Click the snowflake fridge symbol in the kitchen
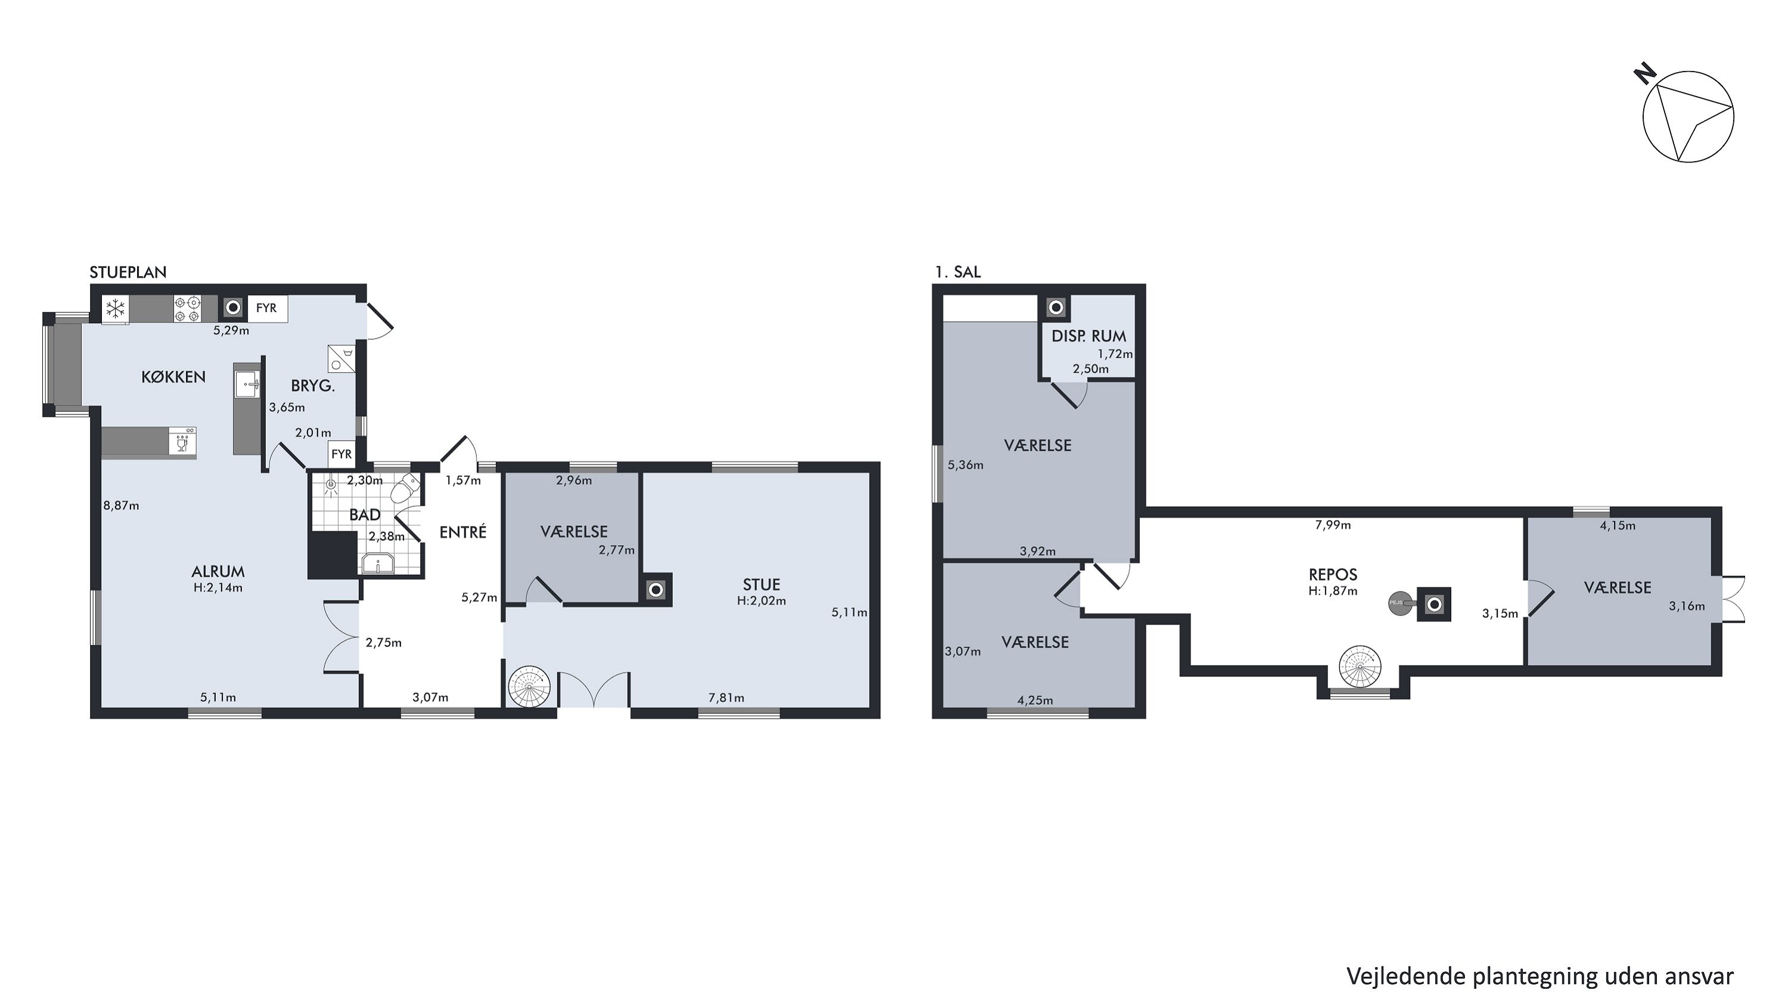point(115,309)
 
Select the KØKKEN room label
point(173,377)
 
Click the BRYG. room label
point(313,386)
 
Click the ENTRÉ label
point(463,532)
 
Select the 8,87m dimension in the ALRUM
point(122,506)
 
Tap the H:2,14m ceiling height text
point(218,588)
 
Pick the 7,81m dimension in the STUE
point(726,698)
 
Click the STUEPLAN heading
point(128,272)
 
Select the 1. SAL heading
point(958,272)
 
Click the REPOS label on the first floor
point(1333,575)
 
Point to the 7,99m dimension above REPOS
point(1333,525)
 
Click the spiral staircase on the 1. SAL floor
point(1359,667)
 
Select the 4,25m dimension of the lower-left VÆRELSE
point(1035,701)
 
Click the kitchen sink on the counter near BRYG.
point(247,384)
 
